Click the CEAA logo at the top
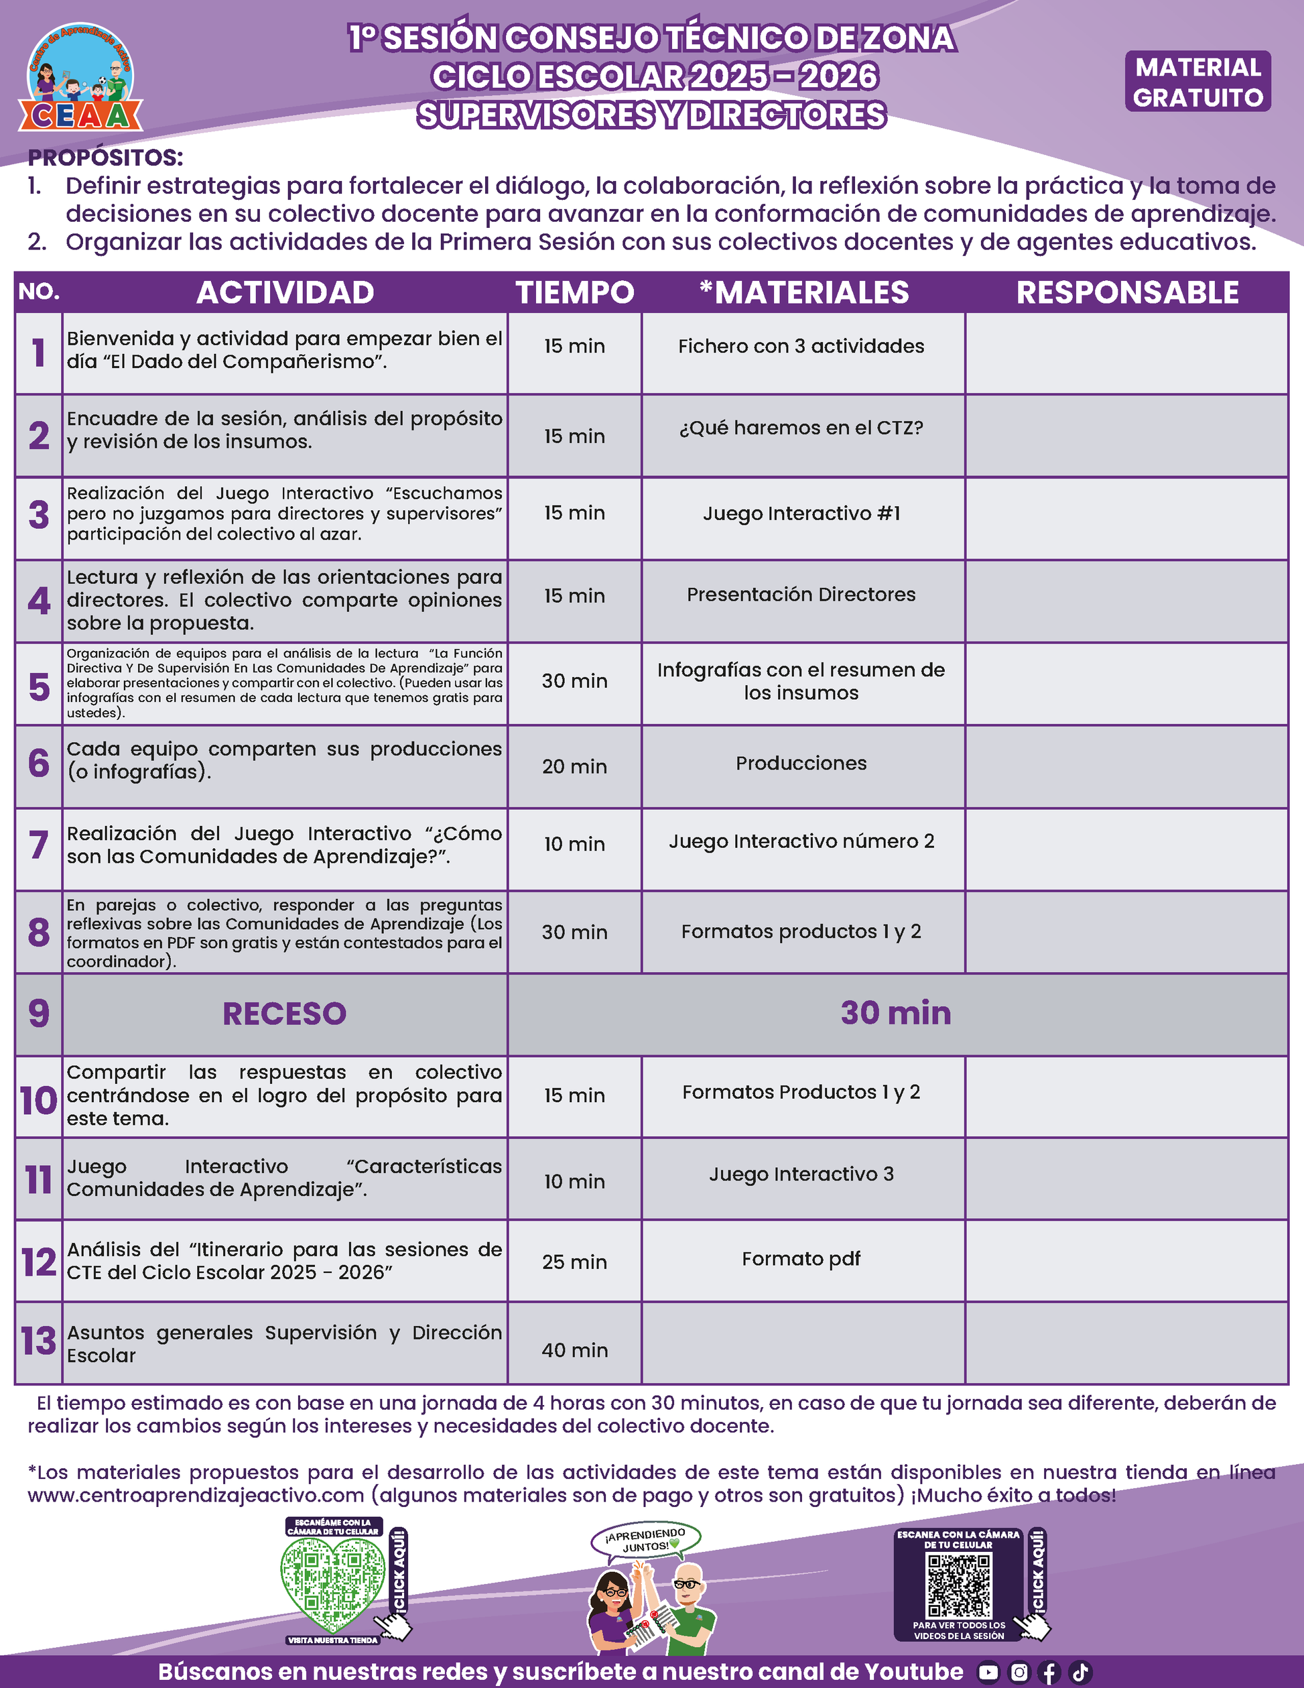click(x=80, y=79)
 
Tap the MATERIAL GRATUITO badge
click(x=1197, y=82)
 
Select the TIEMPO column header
click(x=575, y=293)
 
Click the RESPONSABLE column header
click(x=1127, y=293)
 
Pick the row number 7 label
click(x=39, y=845)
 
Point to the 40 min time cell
click(x=575, y=1350)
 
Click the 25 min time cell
click(x=575, y=1262)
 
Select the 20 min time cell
click(x=575, y=767)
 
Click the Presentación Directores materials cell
click(x=801, y=595)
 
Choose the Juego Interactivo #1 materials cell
click(x=801, y=514)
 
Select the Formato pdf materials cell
click(x=801, y=1259)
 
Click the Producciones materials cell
click(x=801, y=764)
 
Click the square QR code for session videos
click(x=959, y=1585)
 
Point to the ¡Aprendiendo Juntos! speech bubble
click(x=645, y=1541)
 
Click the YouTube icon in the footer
click(x=988, y=1673)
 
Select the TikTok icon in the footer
click(x=1080, y=1673)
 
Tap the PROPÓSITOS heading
click(x=106, y=158)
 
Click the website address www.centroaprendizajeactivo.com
click(x=196, y=1496)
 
